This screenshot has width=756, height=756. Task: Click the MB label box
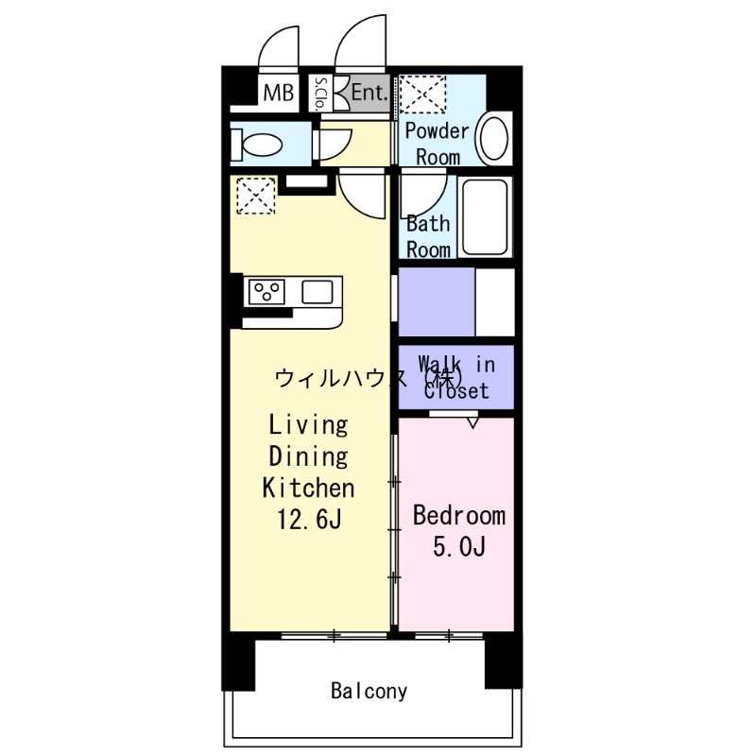(x=278, y=93)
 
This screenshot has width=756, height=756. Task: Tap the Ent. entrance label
(x=369, y=93)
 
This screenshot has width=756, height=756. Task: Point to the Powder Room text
(x=438, y=144)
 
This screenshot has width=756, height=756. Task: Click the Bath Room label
(x=428, y=237)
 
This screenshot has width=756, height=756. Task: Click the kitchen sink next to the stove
(x=318, y=292)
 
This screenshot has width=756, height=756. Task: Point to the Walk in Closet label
(x=455, y=376)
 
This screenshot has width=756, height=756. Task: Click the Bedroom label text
(x=459, y=516)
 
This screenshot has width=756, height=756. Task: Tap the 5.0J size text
(x=459, y=546)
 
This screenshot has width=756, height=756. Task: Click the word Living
(x=308, y=424)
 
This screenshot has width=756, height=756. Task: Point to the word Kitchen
(x=308, y=488)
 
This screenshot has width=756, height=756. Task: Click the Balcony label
(x=369, y=691)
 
